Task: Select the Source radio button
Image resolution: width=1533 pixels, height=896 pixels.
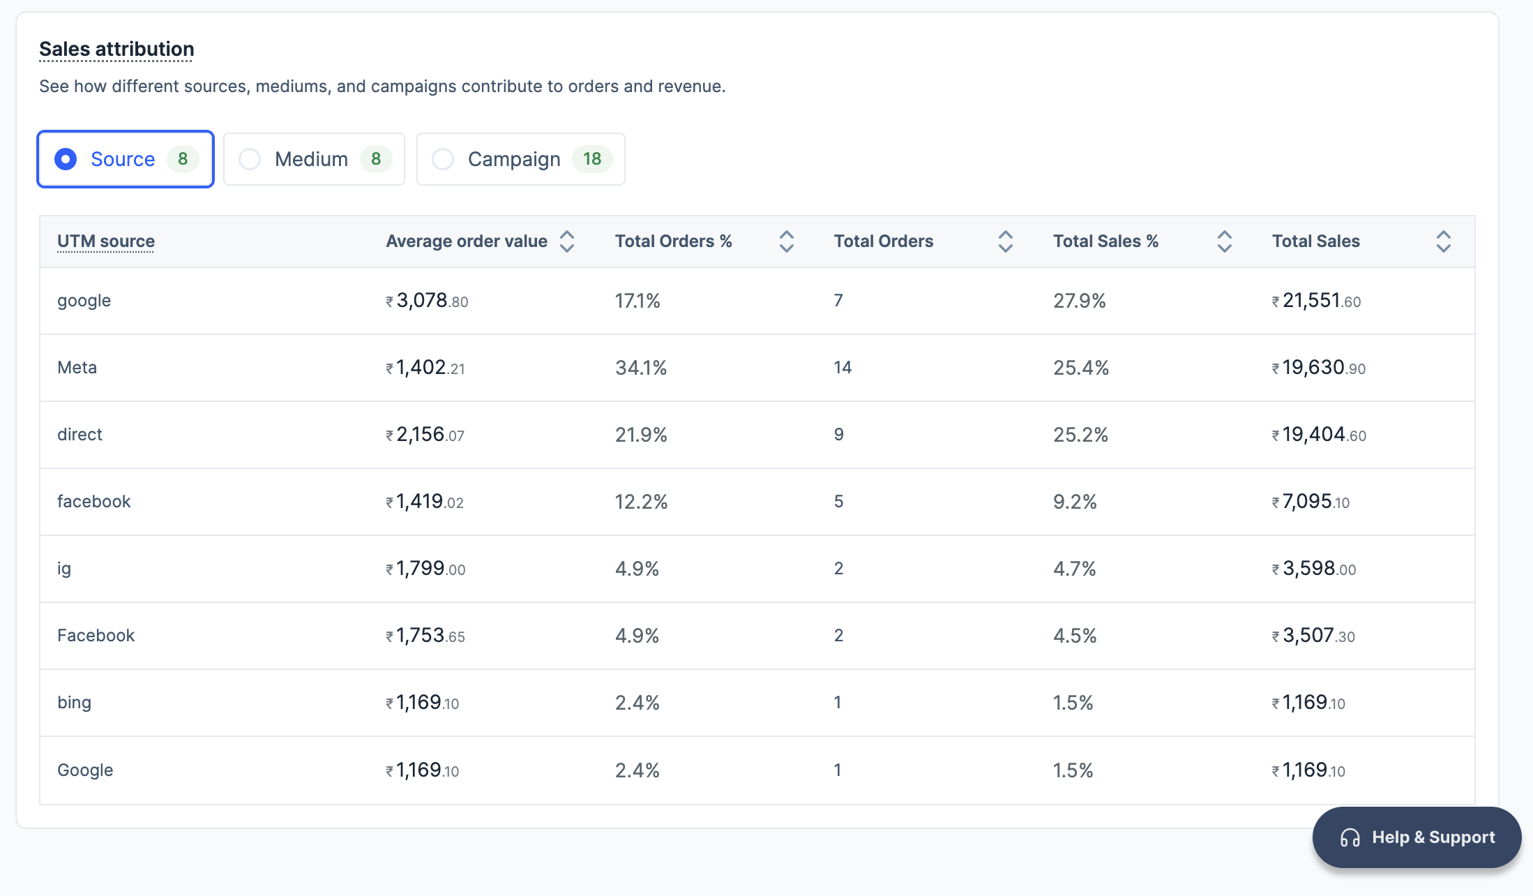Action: pyautogui.click(x=66, y=159)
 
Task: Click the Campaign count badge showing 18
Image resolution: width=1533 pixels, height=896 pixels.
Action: pyautogui.click(x=592, y=159)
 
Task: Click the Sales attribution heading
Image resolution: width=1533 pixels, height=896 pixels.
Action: pyautogui.click(x=116, y=49)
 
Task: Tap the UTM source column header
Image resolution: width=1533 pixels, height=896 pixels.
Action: pyautogui.click(x=106, y=241)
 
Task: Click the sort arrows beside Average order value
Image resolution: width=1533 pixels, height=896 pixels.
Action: pyautogui.click(x=567, y=241)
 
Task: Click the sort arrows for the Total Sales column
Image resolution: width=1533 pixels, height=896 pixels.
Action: pyautogui.click(x=1443, y=241)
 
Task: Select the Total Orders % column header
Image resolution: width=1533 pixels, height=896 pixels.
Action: pyautogui.click(x=673, y=241)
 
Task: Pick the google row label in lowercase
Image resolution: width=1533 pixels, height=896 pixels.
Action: pyautogui.click(x=84, y=301)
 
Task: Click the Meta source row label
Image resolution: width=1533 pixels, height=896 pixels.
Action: pyautogui.click(x=77, y=368)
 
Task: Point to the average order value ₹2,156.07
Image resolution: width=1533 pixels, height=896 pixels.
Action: pyautogui.click(x=425, y=435)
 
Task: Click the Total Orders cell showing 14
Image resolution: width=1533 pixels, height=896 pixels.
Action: pyautogui.click(x=843, y=368)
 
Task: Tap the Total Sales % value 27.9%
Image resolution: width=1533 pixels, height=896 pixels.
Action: pyautogui.click(x=1079, y=301)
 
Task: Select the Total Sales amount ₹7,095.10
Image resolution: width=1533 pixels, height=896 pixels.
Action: pyautogui.click(x=1311, y=502)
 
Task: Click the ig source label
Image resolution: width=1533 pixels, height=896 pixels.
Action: pyautogui.click(x=64, y=569)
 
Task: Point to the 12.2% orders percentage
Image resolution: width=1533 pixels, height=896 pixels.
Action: pyautogui.click(x=641, y=502)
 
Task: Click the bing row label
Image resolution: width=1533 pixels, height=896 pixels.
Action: pyautogui.click(x=74, y=703)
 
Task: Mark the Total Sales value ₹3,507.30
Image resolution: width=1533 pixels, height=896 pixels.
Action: pyautogui.click(x=1313, y=636)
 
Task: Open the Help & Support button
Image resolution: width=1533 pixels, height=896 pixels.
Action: pyautogui.click(x=1417, y=837)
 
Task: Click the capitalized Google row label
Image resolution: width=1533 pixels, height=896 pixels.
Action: pyautogui.click(x=85, y=770)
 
